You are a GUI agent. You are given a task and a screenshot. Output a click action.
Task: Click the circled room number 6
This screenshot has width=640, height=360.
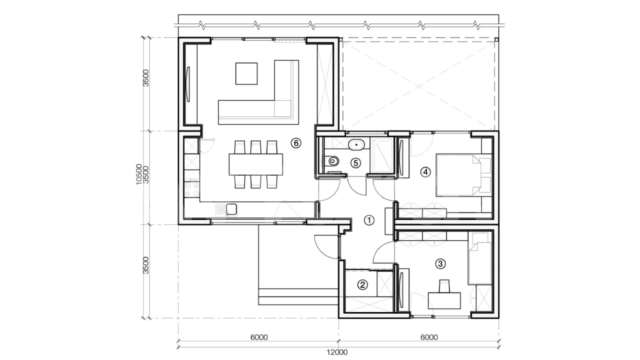(x=296, y=143)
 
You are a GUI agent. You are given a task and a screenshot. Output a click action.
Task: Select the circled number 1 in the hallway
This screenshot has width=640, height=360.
(x=369, y=220)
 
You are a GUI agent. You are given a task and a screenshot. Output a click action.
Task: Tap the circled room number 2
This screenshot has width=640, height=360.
(x=362, y=284)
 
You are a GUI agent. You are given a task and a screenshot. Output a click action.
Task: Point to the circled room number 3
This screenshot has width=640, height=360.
(x=440, y=263)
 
